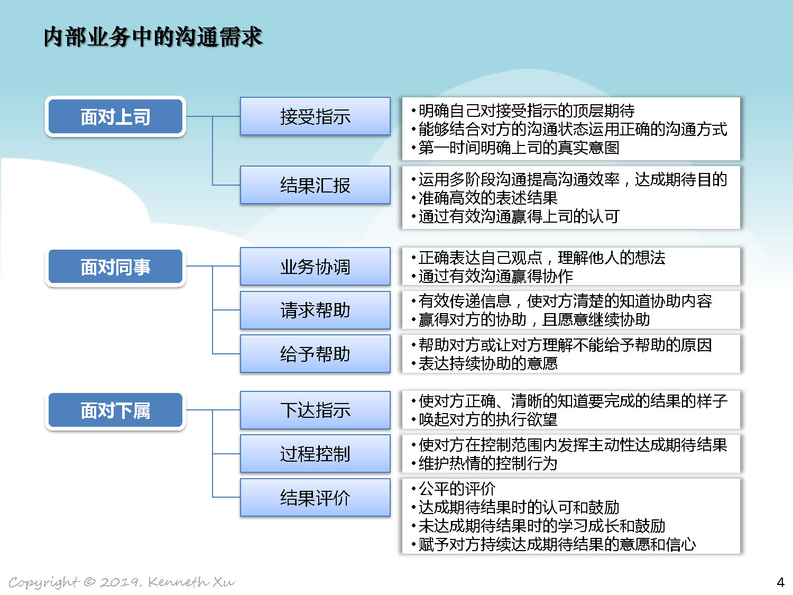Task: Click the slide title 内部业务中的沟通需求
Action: pyautogui.click(x=153, y=37)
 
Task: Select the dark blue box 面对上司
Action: pyautogui.click(x=115, y=116)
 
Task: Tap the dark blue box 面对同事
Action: pyautogui.click(x=115, y=267)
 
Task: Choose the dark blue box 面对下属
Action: pyautogui.click(x=115, y=410)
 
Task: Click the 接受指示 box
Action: pyautogui.click(x=315, y=116)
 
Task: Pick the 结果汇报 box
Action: pyautogui.click(x=315, y=185)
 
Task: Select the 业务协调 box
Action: pyautogui.click(x=315, y=267)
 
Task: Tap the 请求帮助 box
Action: pyautogui.click(x=315, y=310)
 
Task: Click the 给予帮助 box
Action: pyautogui.click(x=315, y=353)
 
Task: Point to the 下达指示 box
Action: pyautogui.click(x=315, y=410)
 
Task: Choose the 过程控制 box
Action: pyautogui.click(x=315, y=454)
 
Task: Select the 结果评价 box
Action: pyautogui.click(x=315, y=498)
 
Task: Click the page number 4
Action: pyautogui.click(x=780, y=582)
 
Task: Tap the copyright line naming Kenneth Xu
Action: pyautogui.click(x=122, y=582)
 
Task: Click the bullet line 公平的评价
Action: pyautogui.click(x=454, y=489)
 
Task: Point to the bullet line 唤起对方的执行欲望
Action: pyautogui.click(x=484, y=419)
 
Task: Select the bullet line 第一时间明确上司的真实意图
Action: pyautogui.click(x=515, y=148)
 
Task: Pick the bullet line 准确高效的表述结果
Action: pyautogui.click(x=484, y=198)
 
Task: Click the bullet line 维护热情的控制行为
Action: pyautogui.click(x=484, y=463)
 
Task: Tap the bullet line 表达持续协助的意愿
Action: pyautogui.click(x=484, y=363)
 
